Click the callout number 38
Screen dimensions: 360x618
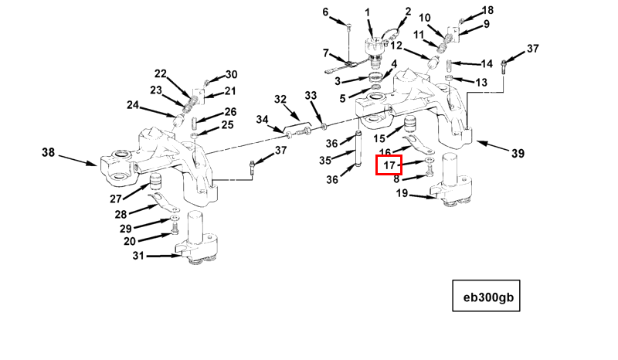tap(48, 153)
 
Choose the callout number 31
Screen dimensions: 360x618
tap(138, 256)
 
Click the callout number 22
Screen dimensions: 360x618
tap(161, 74)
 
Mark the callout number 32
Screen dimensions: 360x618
tap(280, 99)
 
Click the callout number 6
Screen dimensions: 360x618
tap(325, 12)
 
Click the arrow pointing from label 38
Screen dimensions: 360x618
tap(77, 160)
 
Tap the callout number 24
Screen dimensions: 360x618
tap(133, 105)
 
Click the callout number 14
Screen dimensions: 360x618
tap(487, 63)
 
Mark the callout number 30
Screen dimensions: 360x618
tap(232, 75)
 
